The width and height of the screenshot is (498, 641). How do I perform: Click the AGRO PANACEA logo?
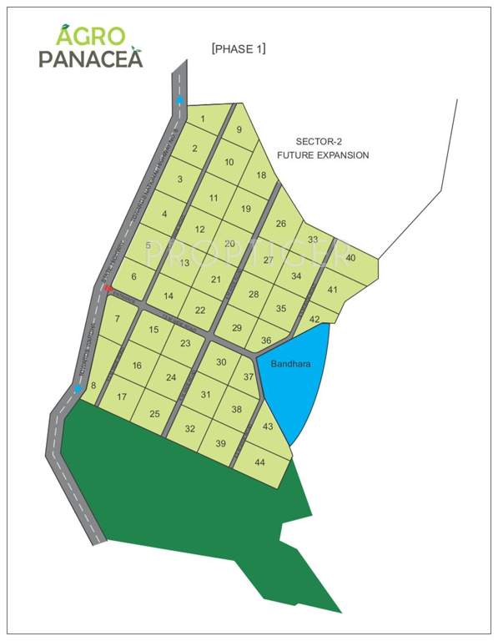click(90, 46)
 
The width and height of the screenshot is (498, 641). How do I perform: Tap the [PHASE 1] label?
click(239, 49)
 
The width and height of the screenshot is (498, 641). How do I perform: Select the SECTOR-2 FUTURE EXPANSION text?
click(323, 149)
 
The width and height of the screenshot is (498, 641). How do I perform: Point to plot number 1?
click(203, 119)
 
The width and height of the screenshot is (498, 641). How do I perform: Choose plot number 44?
click(260, 462)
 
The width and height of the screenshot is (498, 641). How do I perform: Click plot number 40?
click(350, 258)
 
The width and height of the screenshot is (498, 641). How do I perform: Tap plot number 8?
click(93, 385)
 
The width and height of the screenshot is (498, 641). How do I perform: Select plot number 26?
click(281, 223)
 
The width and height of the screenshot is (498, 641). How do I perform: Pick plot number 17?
click(122, 396)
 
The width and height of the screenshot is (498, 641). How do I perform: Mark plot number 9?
click(239, 129)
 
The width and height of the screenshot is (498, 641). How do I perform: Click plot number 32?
click(190, 428)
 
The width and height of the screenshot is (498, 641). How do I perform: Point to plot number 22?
click(200, 310)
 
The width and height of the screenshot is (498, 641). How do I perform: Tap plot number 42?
click(314, 319)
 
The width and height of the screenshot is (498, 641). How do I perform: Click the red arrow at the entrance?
click(108, 287)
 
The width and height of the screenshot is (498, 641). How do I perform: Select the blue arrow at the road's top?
click(179, 100)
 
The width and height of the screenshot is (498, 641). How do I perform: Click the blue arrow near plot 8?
click(78, 388)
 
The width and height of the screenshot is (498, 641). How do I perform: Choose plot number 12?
click(199, 230)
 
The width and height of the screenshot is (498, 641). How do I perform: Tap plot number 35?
click(281, 308)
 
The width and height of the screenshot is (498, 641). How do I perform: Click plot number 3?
click(179, 179)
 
